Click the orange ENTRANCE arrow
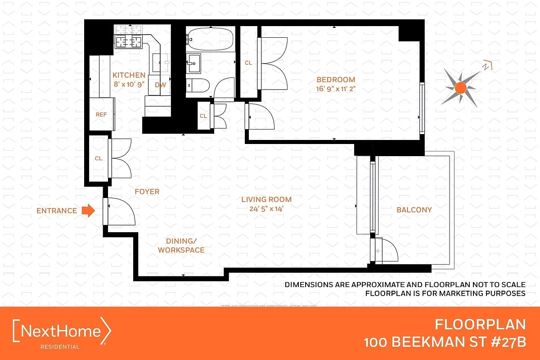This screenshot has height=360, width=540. click(x=89, y=210)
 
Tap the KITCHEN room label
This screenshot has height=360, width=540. click(x=129, y=75)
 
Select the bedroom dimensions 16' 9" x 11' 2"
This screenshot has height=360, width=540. click(x=336, y=89)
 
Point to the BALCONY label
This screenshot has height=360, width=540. click(x=414, y=210)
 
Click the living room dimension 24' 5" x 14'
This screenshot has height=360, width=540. click(x=266, y=208)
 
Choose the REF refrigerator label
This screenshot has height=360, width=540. click(x=101, y=115)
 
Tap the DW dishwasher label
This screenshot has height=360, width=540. click(x=159, y=85)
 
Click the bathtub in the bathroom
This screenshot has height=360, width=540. click(x=210, y=40)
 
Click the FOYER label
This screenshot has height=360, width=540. click(x=147, y=192)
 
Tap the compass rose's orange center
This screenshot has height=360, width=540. click(x=459, y=88)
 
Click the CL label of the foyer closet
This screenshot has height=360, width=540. click(x=99, y=158)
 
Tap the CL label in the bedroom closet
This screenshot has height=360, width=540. click(x=248, y=63)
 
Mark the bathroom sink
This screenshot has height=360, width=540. click(x=195, y=62)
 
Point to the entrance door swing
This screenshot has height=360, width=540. click(x=119, y=211)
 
